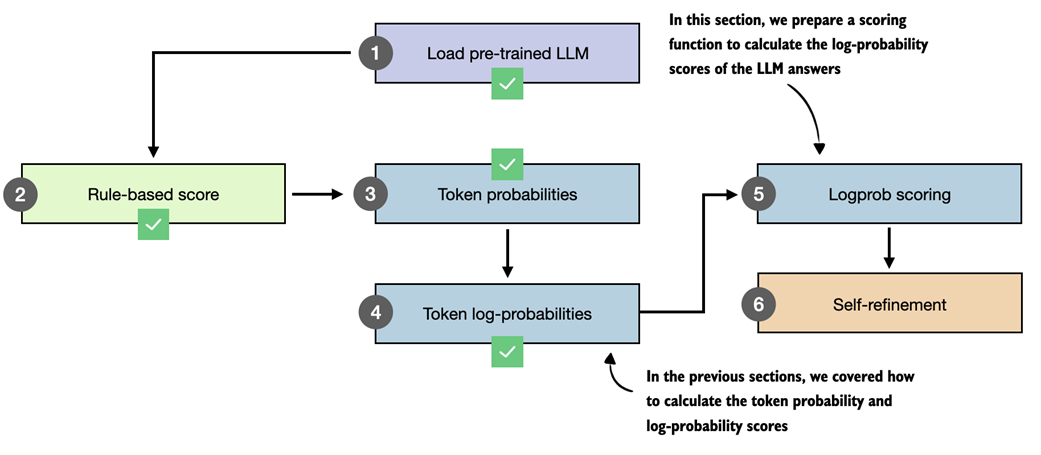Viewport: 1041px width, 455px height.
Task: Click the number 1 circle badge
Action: [x=375, y=53]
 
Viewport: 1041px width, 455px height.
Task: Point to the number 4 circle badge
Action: [x=375, y=313]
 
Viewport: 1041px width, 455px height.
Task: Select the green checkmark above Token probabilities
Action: [x=507, y=163]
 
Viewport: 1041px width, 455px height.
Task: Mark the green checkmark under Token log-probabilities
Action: [x=507, y=351]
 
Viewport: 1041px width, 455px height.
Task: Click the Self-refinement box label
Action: [x=889, y=302]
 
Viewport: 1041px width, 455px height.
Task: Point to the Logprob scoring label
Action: [x=889, y=194]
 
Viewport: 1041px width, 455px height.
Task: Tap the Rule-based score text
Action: [x=153, y=194]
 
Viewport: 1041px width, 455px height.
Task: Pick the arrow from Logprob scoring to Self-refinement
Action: [x=889, y=246]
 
